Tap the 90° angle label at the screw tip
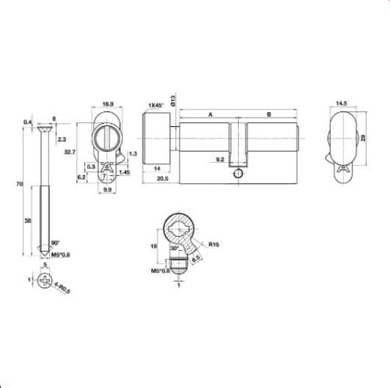tap(55, 244)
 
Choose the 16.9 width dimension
tap(109, 103)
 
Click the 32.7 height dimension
tap(70, 153)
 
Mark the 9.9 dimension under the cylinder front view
tap(109, 189)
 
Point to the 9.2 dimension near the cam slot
tap(221, 160)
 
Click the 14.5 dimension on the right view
tap(342, 103)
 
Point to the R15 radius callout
tap(214, 245)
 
